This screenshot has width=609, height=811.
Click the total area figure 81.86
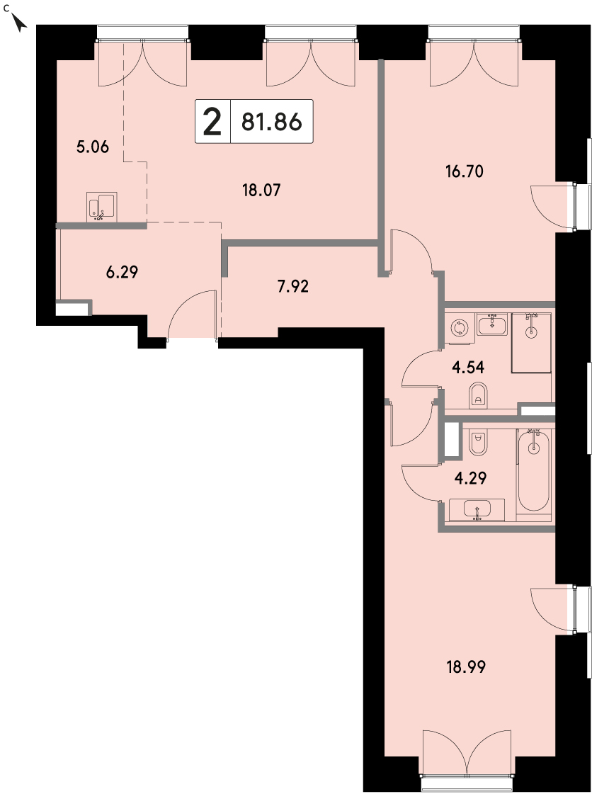click(271, 122)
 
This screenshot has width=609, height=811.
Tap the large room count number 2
click(212, 122)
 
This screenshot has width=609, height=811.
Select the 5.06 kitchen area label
click(93, 147)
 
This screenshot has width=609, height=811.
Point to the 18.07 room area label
click(261, 191)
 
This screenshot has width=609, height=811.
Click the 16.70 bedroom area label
click(465, 171)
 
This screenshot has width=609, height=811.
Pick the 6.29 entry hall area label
click(122, 271)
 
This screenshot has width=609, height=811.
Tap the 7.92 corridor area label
click(293, 286)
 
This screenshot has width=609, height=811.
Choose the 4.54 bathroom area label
click(468, 367)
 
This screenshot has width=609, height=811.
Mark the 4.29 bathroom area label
click(470, 477)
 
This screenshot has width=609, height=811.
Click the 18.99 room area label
click(466, 667)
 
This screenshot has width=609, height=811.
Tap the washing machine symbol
click(460, 328)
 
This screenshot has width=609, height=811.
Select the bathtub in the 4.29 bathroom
click(533, 472)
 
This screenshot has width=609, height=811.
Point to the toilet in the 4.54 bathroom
click(478, 395)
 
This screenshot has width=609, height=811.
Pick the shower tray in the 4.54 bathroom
click(531, 342)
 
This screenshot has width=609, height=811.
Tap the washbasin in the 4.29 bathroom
click(477, 510)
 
